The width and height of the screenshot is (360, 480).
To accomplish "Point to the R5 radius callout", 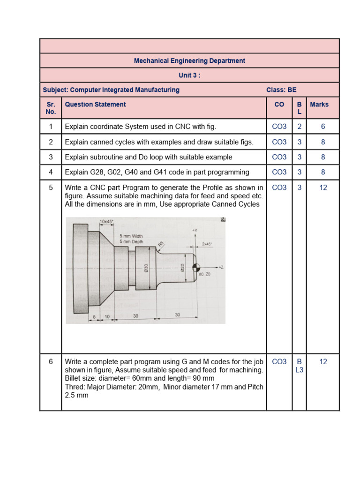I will tap(161, 244).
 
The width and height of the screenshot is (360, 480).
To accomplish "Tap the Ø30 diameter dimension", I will tap(146, 267).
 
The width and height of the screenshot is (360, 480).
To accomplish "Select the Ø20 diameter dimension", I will tap(183, 267).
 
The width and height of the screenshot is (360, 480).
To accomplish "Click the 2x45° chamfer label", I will tap(207, 244).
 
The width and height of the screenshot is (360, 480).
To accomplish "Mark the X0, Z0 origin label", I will tap(204, 274).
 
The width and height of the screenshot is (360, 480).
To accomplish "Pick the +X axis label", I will tap(195, 231).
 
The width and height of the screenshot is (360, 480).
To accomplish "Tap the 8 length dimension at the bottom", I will tap(94, 317).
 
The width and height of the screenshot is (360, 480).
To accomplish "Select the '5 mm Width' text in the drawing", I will tap(131, 236).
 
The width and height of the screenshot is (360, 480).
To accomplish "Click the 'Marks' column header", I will tap(319, 105).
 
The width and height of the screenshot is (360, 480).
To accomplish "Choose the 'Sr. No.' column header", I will tap(51, 108).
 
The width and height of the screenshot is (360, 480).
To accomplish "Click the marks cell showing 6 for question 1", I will tap(322, 127).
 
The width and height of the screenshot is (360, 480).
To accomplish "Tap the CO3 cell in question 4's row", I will tap(279, 172).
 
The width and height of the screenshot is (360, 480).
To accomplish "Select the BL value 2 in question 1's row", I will tap(299, 127).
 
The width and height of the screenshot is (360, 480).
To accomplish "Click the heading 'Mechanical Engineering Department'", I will tap(189, 61).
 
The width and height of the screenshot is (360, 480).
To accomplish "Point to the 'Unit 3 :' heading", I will tap(189, 75).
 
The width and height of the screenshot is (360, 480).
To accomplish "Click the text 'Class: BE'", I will tap(281, 90).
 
